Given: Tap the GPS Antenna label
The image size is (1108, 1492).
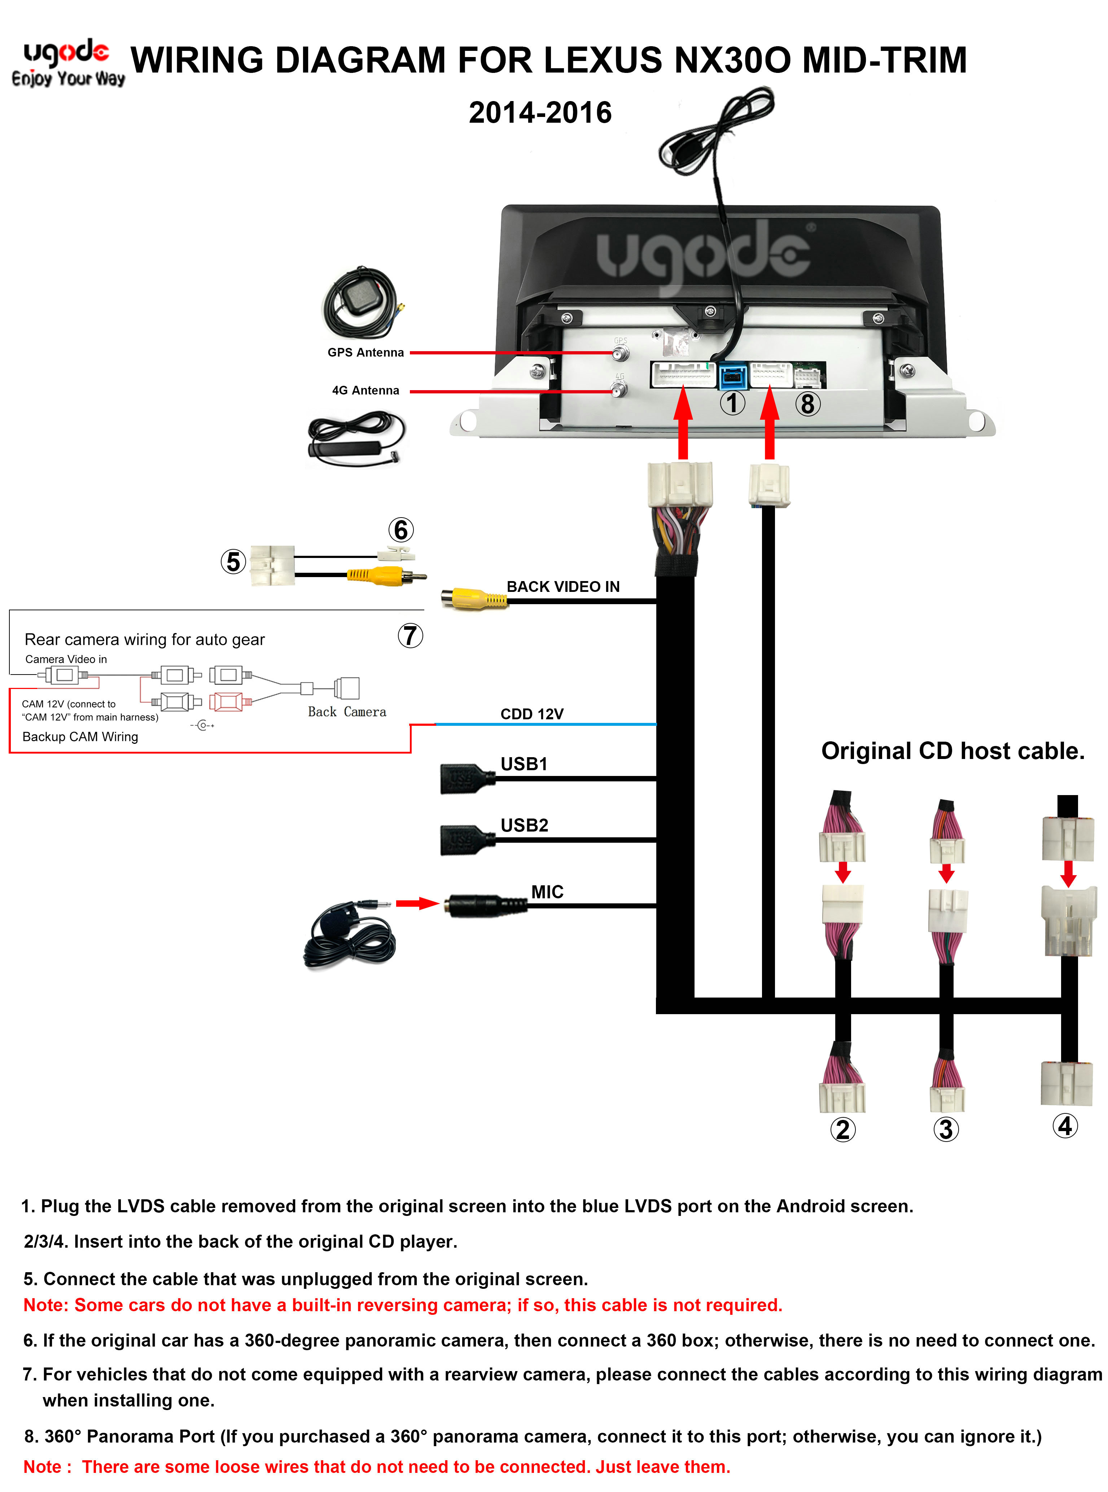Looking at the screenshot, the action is (x=365, y=352).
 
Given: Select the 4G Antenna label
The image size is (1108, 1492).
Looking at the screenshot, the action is (x=365, y=391).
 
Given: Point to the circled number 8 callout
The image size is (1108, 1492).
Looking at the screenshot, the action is (x=807, y=404).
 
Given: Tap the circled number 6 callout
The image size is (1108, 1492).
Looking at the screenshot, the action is (x=401, y=530).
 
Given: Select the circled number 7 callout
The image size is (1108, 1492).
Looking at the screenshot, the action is (x=411, y=635).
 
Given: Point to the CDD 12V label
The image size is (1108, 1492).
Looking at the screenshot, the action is (x=532, y=714).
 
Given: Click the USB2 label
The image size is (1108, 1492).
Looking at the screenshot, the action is (x=525, y=825).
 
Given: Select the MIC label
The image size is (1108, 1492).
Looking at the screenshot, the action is (x=547, y=891).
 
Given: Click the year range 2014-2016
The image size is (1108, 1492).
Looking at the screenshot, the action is (x=540, y=112).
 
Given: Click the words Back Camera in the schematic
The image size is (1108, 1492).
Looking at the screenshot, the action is (x=347, y=712).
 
